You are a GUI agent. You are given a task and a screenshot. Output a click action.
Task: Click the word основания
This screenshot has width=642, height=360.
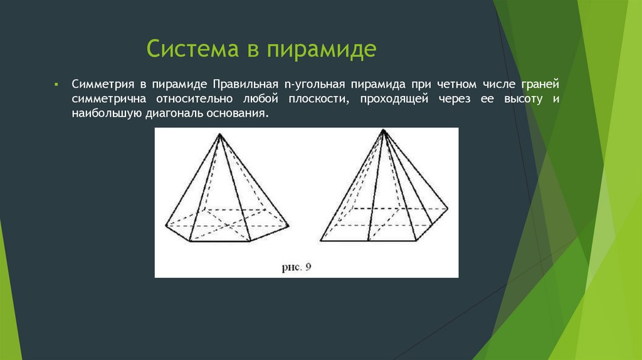tap(241, 114)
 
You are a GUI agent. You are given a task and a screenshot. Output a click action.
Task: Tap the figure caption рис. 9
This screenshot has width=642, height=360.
tap(296, 267)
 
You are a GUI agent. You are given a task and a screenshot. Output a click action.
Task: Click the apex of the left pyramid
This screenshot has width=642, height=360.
tap(219, 134)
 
